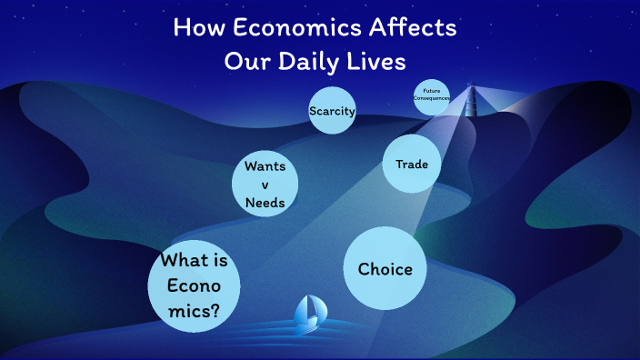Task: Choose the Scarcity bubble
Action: click(332, 111)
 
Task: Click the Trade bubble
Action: click(412, 165)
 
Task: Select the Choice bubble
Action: click(385, 268)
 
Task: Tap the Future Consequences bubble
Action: click(432, 96)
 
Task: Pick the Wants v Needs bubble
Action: click(265, 185)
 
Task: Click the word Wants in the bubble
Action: click(265, 167)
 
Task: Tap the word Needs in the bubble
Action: click(265, 203)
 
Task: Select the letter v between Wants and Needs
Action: click(265, 185)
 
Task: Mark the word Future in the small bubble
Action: click(432, 91)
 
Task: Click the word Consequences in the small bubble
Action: click(432, 98)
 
